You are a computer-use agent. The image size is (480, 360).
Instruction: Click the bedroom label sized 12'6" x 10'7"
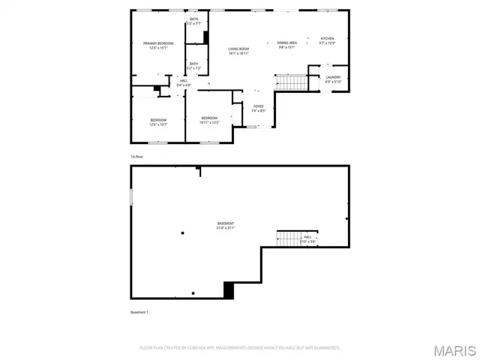click(x=158, y=122)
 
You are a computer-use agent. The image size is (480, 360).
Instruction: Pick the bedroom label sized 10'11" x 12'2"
click(x=209, y=120)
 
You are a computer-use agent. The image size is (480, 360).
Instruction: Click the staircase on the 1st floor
click(x=291, y=81)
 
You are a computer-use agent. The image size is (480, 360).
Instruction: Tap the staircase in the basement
click(x=288, y=238)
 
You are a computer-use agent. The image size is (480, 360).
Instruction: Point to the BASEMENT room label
click(x=226, y=225)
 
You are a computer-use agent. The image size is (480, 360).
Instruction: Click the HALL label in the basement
click(x=307, y=238)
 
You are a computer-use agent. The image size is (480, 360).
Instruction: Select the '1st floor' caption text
click(x=137, y=157)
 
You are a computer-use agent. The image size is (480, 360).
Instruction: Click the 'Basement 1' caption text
click(x=139, y=312)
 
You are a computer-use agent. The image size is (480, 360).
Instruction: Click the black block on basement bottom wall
click(x=229, y=289)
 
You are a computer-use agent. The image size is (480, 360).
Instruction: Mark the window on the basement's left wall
click(x=131, y=196)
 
